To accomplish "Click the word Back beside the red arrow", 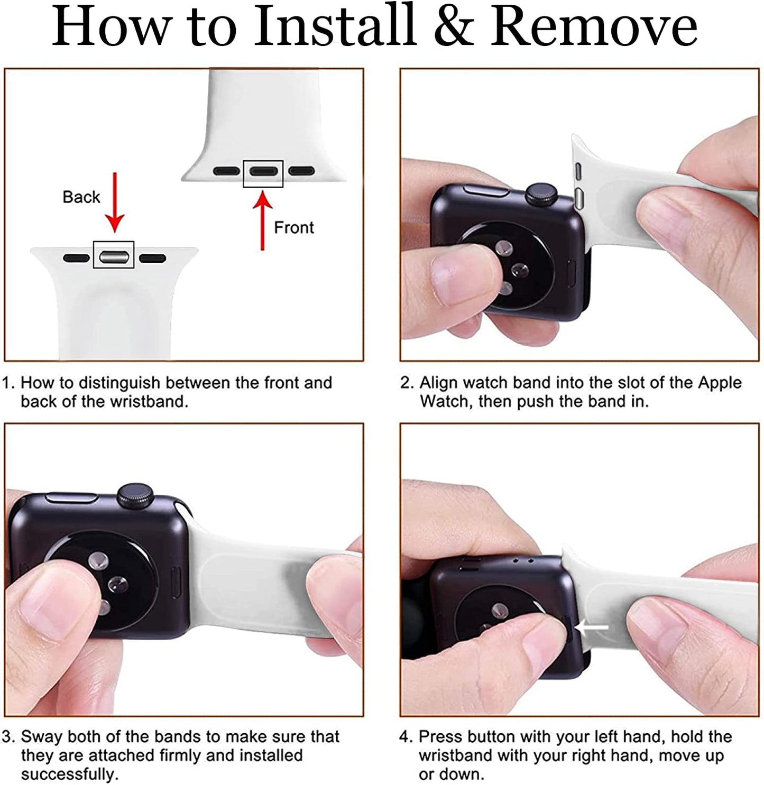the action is tap(81, 197).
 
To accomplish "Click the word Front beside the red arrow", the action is tap(293, 227).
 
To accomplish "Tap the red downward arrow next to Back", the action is tap(115, 202).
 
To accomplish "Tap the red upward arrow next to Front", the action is tap(263, 220).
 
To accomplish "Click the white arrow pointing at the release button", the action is tap(592, 627).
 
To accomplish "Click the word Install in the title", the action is tap(334, 25).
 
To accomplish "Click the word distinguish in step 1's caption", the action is tap(120, 383).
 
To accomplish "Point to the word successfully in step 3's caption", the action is tap(69, 774).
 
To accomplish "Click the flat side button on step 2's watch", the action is tap(486, 190).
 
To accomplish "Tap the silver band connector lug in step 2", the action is tap(578, 198).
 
